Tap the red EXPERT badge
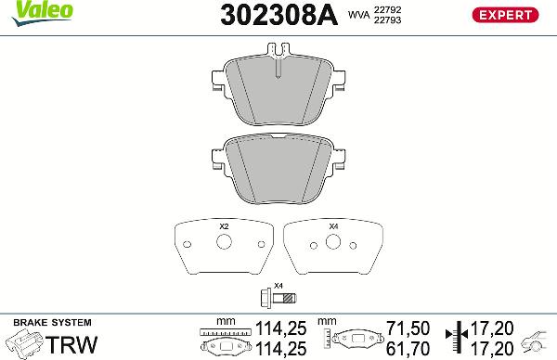click(x=506, y=14)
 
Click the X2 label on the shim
click(x=223, y=227)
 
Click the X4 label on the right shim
click(x=334, y=227)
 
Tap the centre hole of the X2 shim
click(x=223, y=244)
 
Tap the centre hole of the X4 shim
click(x=334, y=244)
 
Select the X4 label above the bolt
click(x=278, y=285)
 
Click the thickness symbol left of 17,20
click(x=454, y=338)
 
